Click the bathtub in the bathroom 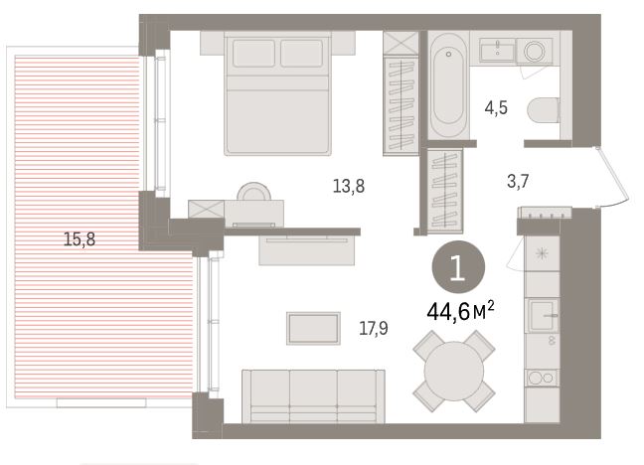(x=448, y=85)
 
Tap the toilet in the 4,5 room (x=543, y=110)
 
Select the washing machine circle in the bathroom (x=535, y=51)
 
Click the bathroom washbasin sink (x=497, y=50)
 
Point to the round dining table (x=454, y=371)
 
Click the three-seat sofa (x=313, y=396)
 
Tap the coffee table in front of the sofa (x=313, y=328)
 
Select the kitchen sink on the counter (x=543, y=315)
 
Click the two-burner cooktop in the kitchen (x=542, y=378)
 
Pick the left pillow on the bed (x=253, y=53)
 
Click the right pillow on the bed (x=301, y=53)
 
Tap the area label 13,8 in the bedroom (x=348, y=187)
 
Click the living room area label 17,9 (x=374, y=328)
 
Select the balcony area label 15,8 (x=80, y=239)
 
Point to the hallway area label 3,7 (x=518, y=181)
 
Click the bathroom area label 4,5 (x=496, y=108)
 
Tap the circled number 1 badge (x=458, y=268)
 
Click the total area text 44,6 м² (x=460, y=311)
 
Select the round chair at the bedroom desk (x=253, y=192)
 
